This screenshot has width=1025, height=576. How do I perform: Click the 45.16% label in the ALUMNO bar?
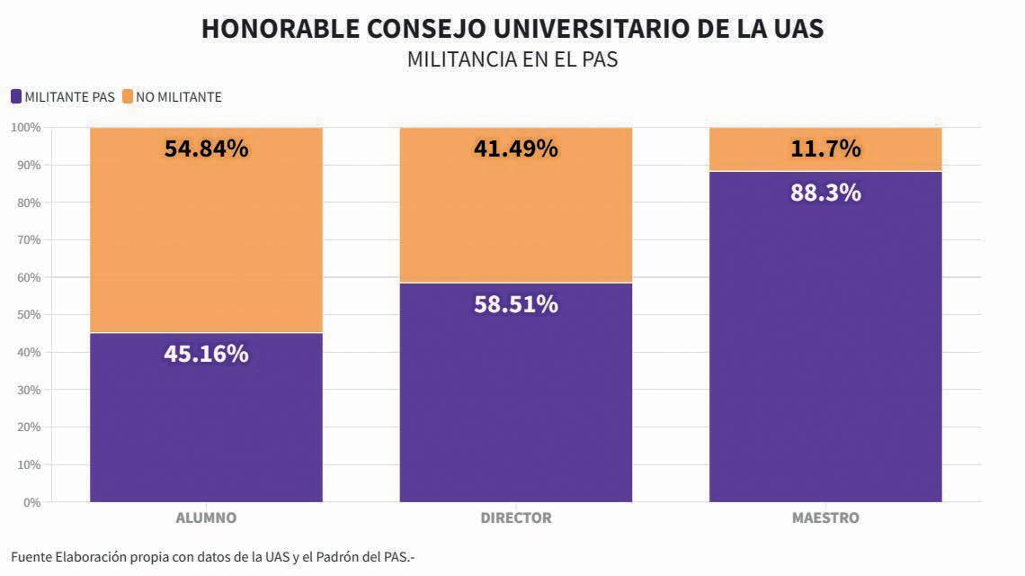coord(206,354)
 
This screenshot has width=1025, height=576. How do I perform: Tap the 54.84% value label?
coord(206,148)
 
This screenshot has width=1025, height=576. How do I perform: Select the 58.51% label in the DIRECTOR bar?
coord(515,304)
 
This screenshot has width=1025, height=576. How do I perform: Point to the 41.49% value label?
coord(515,148)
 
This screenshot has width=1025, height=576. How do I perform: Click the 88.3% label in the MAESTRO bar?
coord(825,193)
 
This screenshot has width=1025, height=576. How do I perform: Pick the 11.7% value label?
coord(825,148)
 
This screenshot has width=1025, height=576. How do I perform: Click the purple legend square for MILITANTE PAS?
coord(15,97)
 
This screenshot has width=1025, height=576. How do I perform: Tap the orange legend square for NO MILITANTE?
coord(127,97)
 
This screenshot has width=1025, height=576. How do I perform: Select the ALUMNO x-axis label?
coord(206,518)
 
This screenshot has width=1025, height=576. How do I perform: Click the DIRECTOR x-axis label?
coord(515,518)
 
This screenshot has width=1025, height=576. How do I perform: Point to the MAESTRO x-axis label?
coord(825,518)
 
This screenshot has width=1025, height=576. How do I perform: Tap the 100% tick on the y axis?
coord(25,128)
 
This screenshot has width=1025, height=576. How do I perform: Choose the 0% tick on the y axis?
coord(31,502)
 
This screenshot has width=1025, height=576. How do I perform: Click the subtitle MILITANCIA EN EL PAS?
coord(512,60)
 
